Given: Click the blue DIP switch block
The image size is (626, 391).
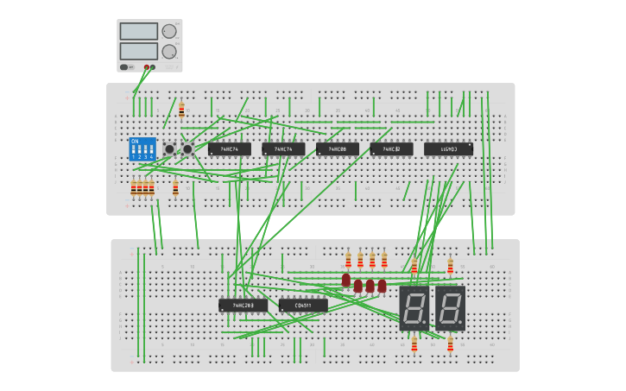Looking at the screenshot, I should (142, 149).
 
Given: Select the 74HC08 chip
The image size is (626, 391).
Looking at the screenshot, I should (337, 149).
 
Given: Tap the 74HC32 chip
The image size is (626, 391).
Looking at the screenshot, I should (391, 149).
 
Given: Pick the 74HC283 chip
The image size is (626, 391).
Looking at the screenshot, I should (243, 305).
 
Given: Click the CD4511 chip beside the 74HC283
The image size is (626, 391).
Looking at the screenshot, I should (303, 305).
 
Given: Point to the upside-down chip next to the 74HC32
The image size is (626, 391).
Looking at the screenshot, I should (448, 149).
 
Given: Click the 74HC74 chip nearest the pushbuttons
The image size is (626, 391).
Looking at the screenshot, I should (229, 149).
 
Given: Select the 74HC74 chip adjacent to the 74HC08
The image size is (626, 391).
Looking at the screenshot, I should (283, 149).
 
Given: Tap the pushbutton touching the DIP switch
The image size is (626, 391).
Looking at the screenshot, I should (169, 149).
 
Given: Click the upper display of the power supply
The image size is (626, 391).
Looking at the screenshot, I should (139, 32).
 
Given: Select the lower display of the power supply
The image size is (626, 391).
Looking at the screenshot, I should (139, 51).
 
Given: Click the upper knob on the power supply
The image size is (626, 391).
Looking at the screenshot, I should (169, 31).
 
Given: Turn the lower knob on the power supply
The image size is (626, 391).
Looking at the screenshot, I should (169, 51).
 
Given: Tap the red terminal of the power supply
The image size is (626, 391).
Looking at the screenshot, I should (147, 66).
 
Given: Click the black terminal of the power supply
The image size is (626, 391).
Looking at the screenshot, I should (153, 66).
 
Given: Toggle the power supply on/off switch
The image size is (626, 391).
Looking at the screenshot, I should (124, 66).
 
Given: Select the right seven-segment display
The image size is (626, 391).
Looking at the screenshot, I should (450, 308).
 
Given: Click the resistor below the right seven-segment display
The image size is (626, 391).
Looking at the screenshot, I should (450, 345).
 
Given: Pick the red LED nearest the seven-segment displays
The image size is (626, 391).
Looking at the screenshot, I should (382, 286).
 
